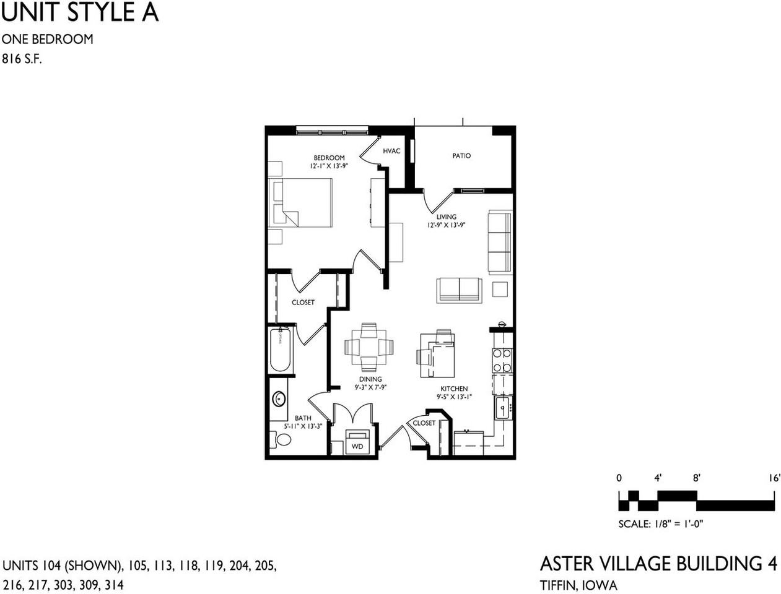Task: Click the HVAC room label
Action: (391, 151)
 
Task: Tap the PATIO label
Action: (461, 156)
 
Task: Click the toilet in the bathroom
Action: (282, 440)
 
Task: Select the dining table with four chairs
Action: (369, 348)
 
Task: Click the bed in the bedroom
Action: (300, 203)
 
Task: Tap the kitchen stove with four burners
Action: (502, 360)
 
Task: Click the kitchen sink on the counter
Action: (502, 408)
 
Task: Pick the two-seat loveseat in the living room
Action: (459, 290)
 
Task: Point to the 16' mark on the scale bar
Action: (774, 478)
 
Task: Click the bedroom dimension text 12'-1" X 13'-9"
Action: (329, 166)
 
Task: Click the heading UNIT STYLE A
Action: (80, 12)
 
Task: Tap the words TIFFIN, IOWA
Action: (578, 585)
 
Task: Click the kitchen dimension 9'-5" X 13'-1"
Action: (454, 397)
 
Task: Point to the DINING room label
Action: (370, 379)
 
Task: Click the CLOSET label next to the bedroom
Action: (303, 303)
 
